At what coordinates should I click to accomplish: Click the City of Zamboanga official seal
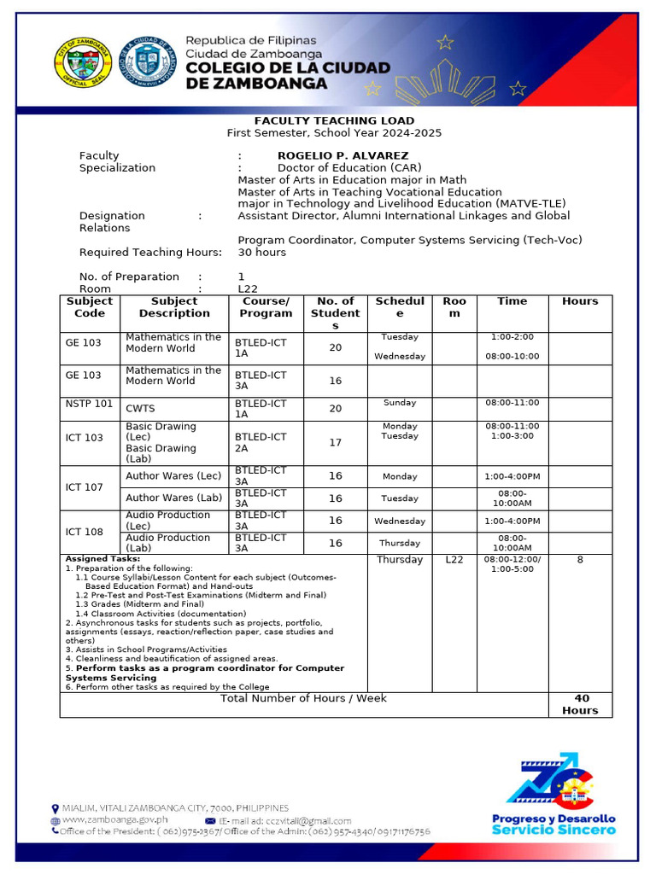pyautogui.click(x=82, y=64)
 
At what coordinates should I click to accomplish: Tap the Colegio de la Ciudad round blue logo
pyautogui.click(x=147, y=64)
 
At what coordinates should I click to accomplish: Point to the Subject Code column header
pyautogui.click(x=90, y=307)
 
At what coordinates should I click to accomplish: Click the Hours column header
pyautogui.click(x=580, y=301)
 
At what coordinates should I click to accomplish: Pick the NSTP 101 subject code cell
pyautogui.click(x=90, y=403)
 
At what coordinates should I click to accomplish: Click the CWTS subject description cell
pyautogui.click(x=140, y=409)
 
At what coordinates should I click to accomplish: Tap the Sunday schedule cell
pyautogui.click(x=399, y=403)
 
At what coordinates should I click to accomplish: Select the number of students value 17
pyautogui.click(x=335, y=443)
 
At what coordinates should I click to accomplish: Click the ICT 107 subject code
pyautogui.click(x=84, y=487)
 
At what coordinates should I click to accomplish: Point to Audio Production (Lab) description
pyautogui.click(x=167, y=543)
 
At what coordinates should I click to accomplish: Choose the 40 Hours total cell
pyautogui.click(x=580, y=704)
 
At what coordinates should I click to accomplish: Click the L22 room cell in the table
pyautogui.click(x=454, y=560)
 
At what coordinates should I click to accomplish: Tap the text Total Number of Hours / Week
pyautogui.click(x=303, y=698)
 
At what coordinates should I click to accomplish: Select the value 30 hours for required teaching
pyautogui.click(x=261, y=253)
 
